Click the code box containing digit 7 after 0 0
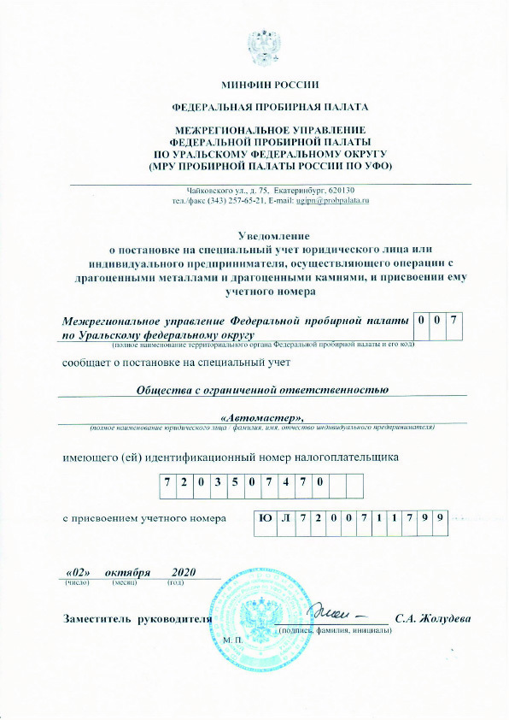pyautogui.click(x=456, y=321)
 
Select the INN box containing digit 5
pyautogui.click(x=237, y=482)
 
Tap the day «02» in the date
pyautogui.click(x=78, y=571)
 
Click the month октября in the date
pyautogui.click(x=128, y=571)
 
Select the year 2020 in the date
pyautogui.click(x=183, y=571)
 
